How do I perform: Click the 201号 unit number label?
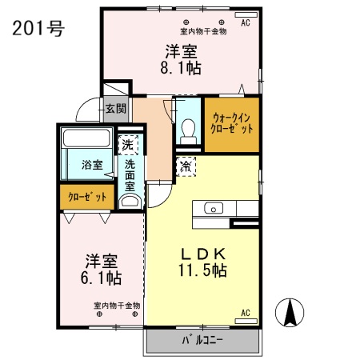click(38, 28)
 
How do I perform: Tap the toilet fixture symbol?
click(188, 131)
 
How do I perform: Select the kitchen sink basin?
click(214, 208)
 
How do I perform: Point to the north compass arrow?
click(290, 313)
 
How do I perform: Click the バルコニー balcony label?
click(202, 340)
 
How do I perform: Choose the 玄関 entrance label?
click(115, 109)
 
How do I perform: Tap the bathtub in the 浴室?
click(86, 138)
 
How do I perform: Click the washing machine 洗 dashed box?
click(128, 145)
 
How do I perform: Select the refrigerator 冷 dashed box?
click(186, 166)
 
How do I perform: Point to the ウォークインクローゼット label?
click(232, 123)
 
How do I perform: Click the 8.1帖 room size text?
click(181, 68)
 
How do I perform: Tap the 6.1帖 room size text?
click(101, 278)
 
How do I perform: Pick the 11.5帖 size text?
click(202, 270)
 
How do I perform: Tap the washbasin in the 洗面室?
click(130, 202)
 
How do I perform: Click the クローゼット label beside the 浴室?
click(87, 197)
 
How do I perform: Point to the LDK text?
click(203, 254)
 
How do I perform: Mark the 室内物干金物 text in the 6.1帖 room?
click(117, 306)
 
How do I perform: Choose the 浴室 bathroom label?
click(92, 165)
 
